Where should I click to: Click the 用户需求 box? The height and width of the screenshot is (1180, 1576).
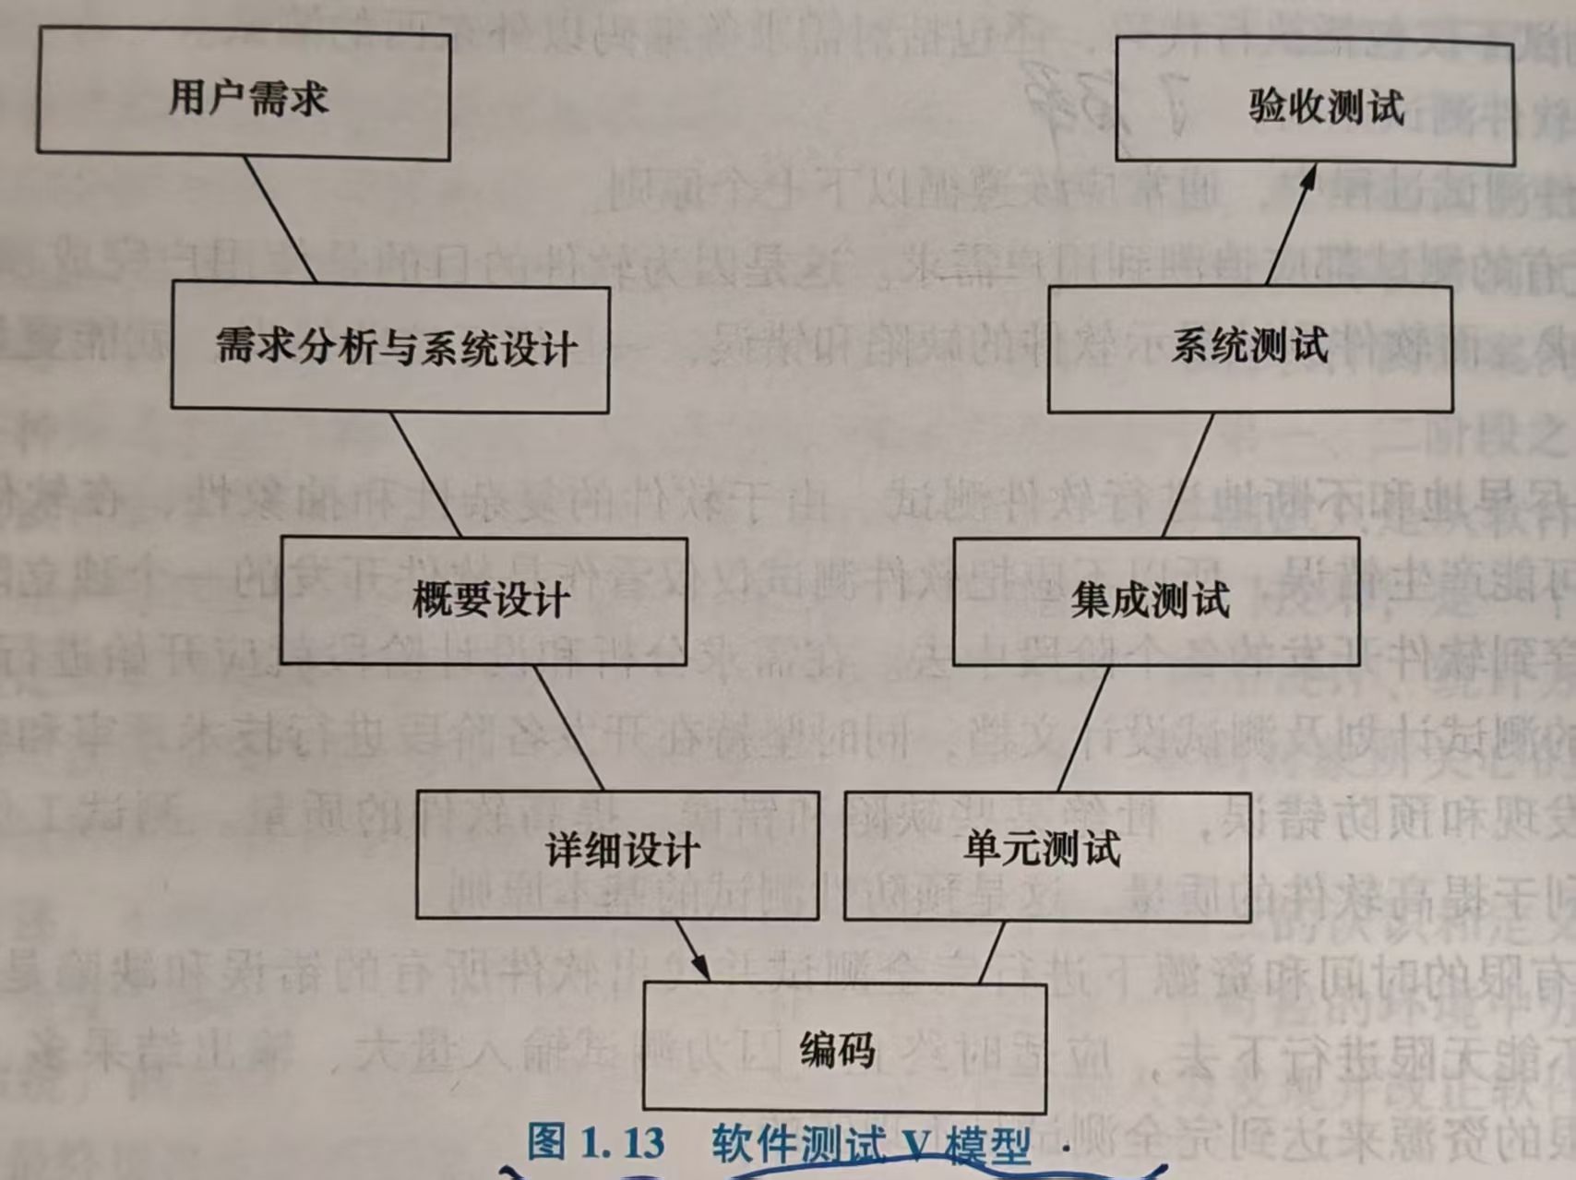(x=245, y=95)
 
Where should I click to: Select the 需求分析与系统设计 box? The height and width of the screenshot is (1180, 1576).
(x=390, y=347)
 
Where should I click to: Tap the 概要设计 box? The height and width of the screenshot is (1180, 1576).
(x=484, y=601)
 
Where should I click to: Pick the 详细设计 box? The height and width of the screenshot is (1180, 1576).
(x=617, y=853)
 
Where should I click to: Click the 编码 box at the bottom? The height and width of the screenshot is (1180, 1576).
(x=843, y=1048)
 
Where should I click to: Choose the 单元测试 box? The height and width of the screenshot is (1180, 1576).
(x=1047, y=853)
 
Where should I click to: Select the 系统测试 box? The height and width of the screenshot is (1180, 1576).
(x=1250, y=347)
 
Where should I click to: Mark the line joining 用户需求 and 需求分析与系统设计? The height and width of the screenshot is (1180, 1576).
(x=281, y=221)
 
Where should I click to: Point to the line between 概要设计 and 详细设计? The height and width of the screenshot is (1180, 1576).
(x=568, y=727)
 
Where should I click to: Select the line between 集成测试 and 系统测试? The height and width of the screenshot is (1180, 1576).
(x=1188, y=474)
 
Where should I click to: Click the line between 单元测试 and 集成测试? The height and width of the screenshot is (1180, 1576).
(x=1083, y=727)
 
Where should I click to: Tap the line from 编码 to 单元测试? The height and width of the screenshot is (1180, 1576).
(x=991, y=952)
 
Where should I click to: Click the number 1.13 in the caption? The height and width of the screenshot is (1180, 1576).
(x=623, y=1142)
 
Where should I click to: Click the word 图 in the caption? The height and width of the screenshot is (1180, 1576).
(x=546, y=1142)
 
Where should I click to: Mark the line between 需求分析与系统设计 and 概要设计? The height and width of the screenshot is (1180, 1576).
(x=425, y=474)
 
